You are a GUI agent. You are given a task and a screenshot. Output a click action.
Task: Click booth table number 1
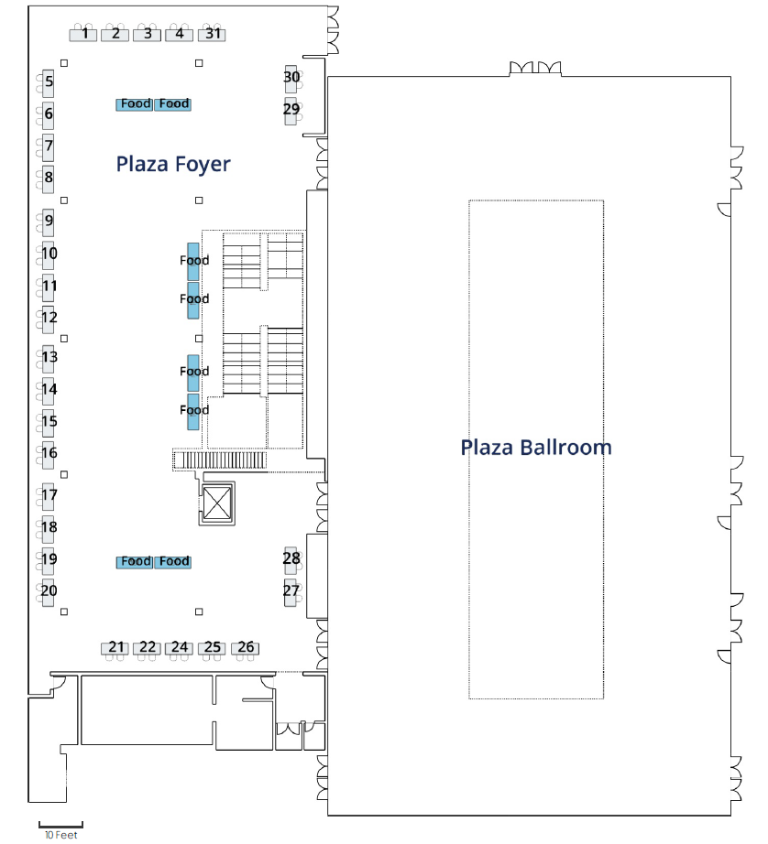[83, 35]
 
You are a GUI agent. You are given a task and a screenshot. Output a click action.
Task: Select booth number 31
[212, 35]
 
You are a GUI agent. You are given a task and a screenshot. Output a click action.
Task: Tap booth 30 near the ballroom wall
[291, 79]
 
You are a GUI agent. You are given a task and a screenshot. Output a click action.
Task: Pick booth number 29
[291, 112]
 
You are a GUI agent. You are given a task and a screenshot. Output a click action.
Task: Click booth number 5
[48, 84]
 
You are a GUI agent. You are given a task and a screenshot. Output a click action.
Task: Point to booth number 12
[48, 319]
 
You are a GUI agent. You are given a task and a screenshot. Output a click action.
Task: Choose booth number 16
[48, 455]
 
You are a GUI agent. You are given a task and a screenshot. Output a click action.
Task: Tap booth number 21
[115, 648]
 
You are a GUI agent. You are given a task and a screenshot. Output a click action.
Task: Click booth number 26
[245, 648]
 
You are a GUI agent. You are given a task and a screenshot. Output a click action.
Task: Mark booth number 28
[291, 561]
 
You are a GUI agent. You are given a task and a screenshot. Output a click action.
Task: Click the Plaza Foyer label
[173, 164]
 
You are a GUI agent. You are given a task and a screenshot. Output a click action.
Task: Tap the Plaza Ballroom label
[536, 448]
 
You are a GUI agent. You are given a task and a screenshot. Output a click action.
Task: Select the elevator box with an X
[217, 503]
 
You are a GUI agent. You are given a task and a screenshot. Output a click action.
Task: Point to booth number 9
[48, 222]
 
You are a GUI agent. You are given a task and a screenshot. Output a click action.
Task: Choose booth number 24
[180, 648]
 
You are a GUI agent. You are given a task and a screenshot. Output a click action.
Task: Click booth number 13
[48, 359]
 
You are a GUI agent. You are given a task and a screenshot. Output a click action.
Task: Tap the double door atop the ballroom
[535, 69]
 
